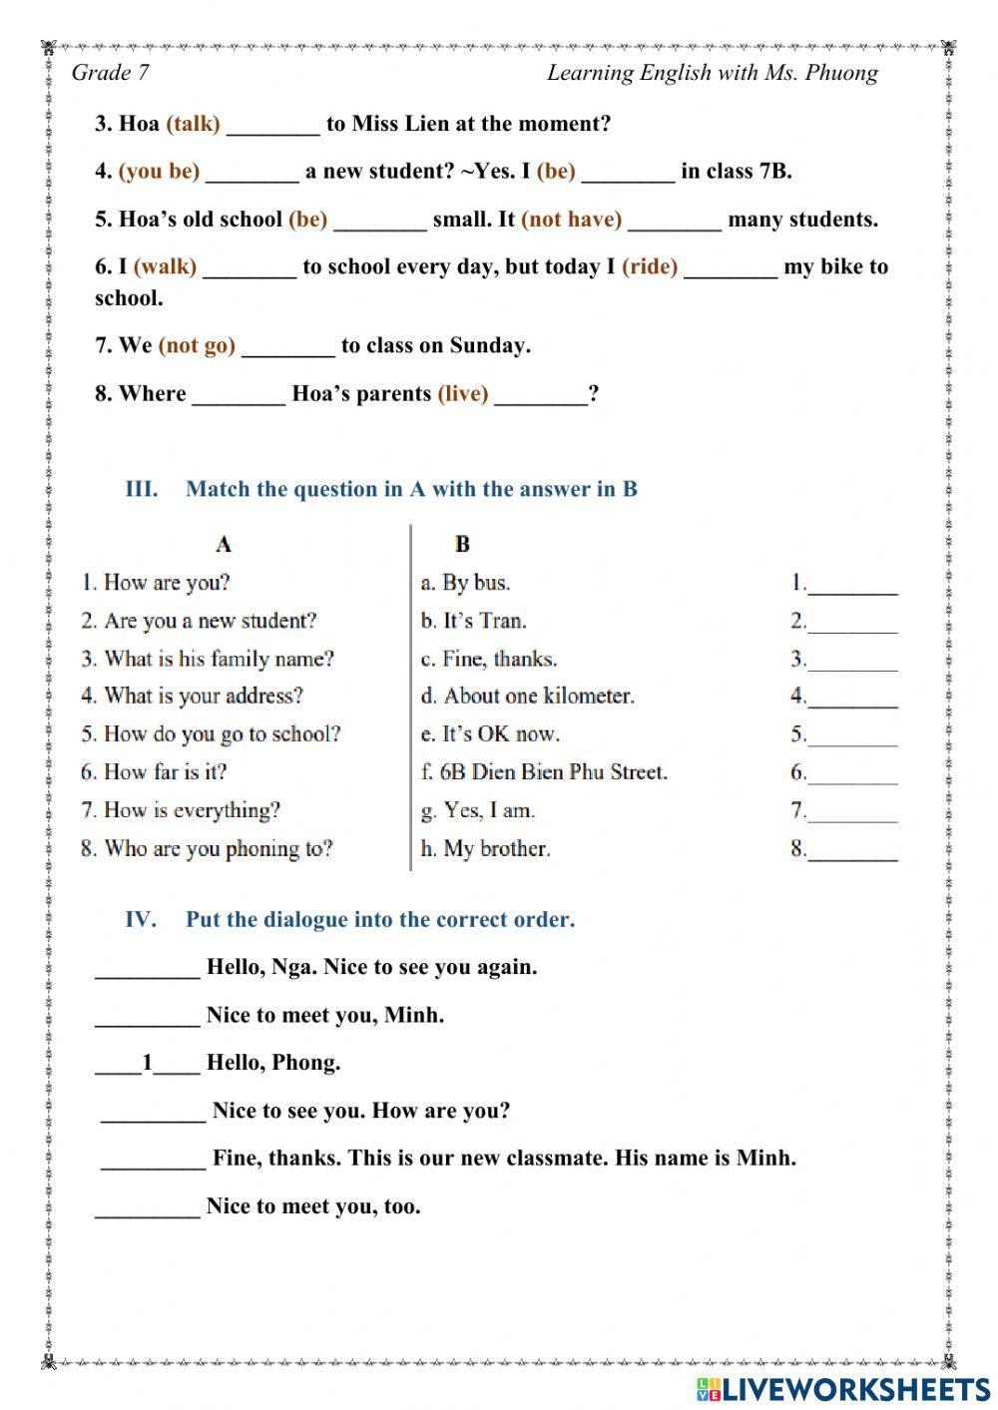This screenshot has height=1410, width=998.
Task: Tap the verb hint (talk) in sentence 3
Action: click(x=193, y=124)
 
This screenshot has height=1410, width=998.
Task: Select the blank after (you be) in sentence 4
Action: click(x=251, y=172)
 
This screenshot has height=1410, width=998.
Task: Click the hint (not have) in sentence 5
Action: click(x=571, y=220)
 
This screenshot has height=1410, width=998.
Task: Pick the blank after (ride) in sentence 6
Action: click(x=730, y=267)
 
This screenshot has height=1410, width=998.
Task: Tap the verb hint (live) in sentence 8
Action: click(x=463, y=393)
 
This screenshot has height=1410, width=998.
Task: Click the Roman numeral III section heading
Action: click(x=141, y=489)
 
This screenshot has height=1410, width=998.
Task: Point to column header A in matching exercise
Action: click(x=224, y=544)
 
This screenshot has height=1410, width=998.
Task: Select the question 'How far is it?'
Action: click(x=154, y=772)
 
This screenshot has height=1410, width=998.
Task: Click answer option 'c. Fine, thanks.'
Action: click(x=489, y=659)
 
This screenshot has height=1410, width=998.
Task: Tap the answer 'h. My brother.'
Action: click(x=485, y=849)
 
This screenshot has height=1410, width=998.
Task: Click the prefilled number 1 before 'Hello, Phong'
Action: click(x=148, y=1063)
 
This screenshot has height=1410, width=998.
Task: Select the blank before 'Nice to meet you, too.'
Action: click(x=147, y=1206)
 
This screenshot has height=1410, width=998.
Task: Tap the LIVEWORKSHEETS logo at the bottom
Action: click(x=843, y=1388)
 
